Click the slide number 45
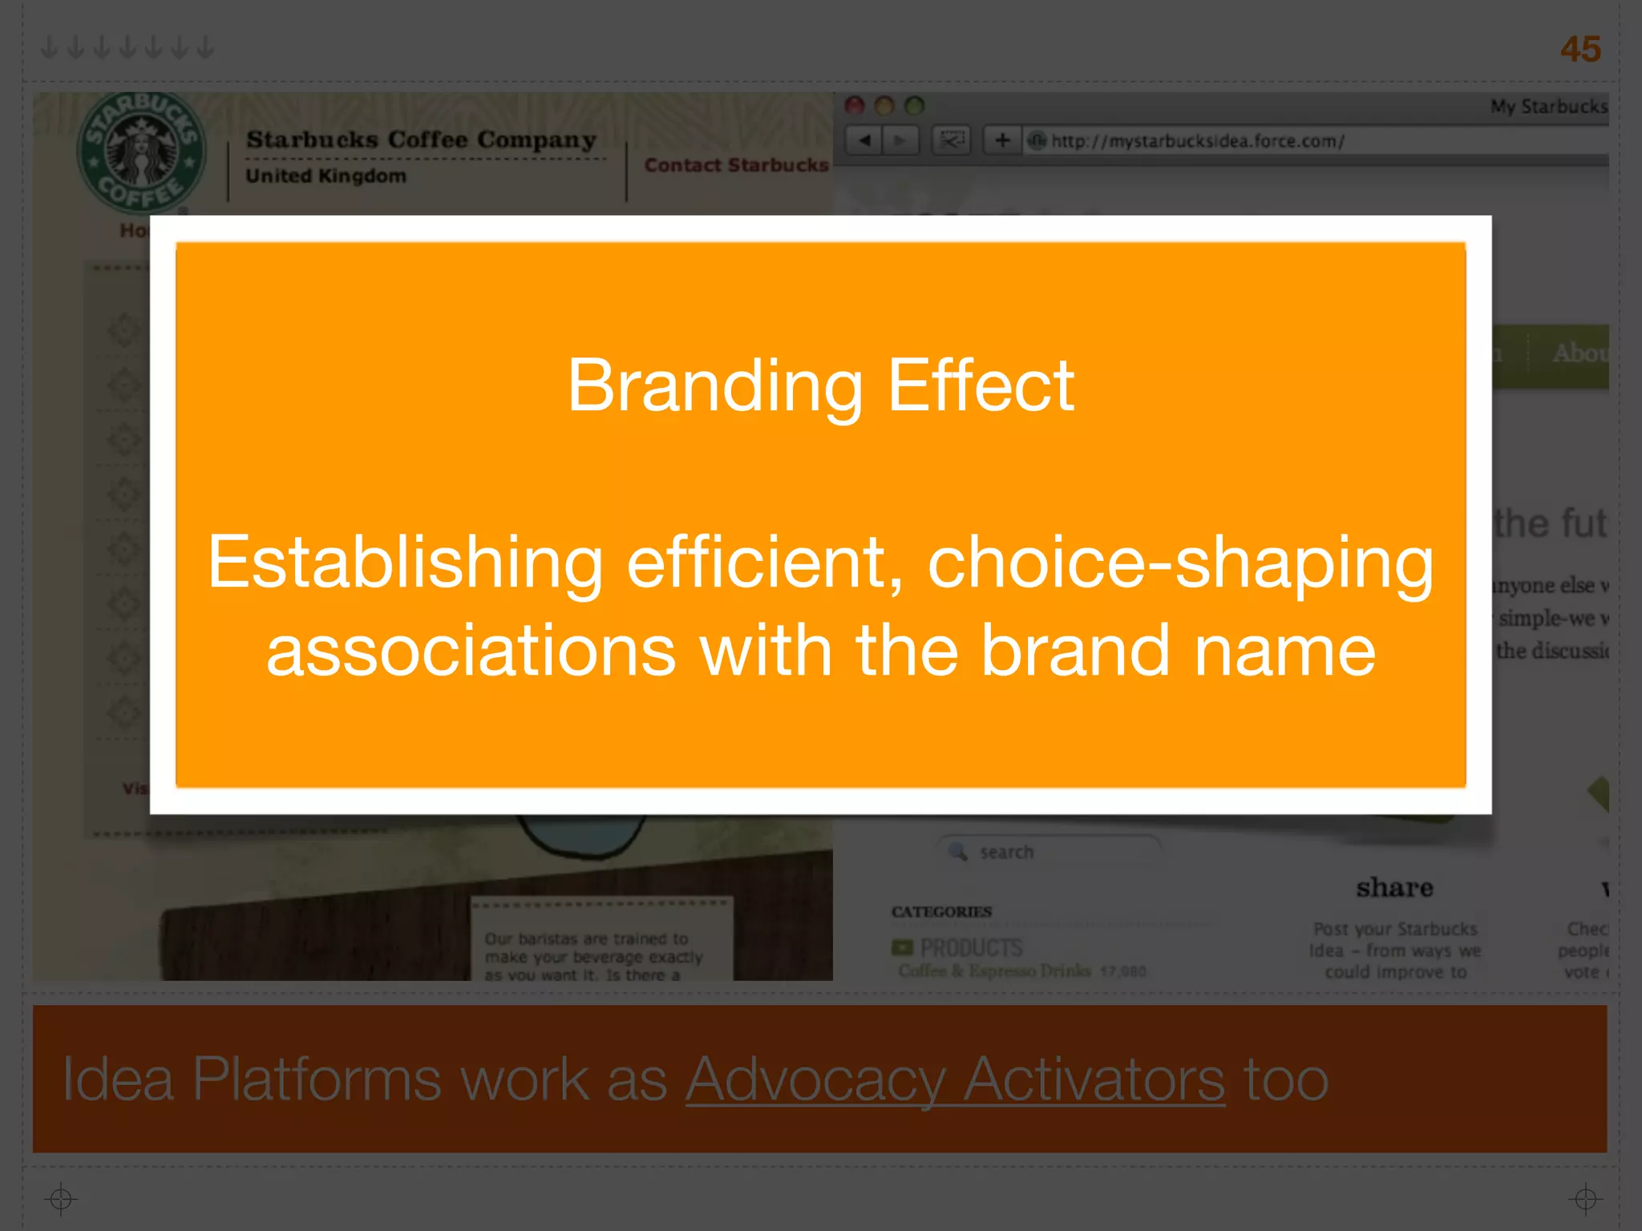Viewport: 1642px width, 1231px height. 1579,49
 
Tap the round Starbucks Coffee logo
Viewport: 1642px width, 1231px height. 141,152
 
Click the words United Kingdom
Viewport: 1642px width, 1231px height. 326,176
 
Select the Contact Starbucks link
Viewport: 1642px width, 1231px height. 736,165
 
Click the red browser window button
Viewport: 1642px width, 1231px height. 855,106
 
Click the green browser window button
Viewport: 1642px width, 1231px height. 915,106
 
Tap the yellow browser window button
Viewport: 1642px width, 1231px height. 885,106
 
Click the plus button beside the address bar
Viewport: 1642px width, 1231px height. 1002,141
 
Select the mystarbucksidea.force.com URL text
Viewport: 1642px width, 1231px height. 1197,142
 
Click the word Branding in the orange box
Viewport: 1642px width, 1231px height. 714,386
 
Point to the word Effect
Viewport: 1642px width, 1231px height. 981,386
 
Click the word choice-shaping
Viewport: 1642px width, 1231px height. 1180,563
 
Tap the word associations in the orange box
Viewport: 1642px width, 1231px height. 471,651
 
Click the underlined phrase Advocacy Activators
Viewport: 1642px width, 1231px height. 955,1080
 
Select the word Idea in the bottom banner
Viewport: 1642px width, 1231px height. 118,1080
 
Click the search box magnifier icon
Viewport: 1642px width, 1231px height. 958,851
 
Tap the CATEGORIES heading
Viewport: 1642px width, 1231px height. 941,912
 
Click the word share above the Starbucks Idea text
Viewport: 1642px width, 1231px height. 1394,888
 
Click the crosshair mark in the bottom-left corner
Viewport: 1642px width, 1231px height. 61,1199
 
